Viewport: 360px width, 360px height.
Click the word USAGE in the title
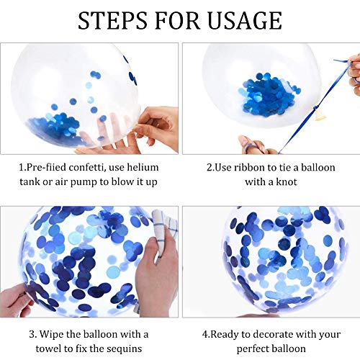pos(245,20)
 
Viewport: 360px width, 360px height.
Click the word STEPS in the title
pos(112,20)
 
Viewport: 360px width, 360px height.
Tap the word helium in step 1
pos(143,167)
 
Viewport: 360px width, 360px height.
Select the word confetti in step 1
pos(87,167)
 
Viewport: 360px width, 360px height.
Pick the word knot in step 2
pos(287,181)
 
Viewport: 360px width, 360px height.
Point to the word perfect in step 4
pos(253,349)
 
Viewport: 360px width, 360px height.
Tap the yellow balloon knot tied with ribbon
pos(320,116)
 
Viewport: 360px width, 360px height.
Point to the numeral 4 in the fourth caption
pos(205,334)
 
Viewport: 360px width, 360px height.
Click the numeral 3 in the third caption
pos(32,334)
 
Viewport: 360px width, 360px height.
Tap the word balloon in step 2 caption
pos(318,167)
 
